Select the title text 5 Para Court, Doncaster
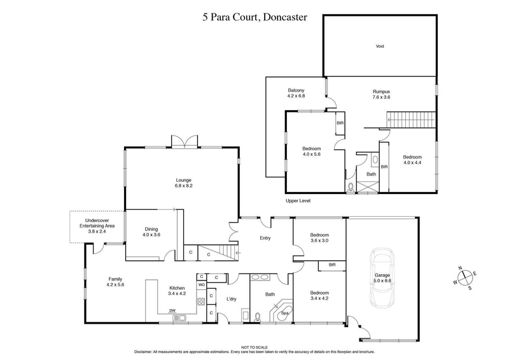(253, 17)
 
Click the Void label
(380, 46)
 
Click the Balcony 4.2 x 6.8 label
(296, 93)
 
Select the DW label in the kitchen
(172, 310)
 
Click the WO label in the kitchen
(200, 285)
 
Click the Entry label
(265, 239)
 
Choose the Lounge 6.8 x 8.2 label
(183, 183)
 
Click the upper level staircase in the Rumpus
(412, 118)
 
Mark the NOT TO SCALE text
(254, 347)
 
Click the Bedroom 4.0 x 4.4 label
(412, 160)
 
